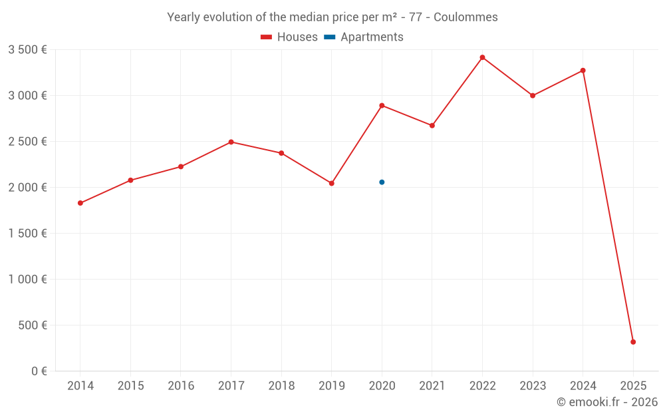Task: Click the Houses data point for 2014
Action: (80, 203)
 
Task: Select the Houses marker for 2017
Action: (231, 142)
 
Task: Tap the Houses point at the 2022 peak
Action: (482, 57)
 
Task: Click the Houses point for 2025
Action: (633, 342)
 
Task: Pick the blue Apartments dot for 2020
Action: (382, 182)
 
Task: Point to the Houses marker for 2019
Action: (332, 183)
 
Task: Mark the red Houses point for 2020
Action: (382, 105)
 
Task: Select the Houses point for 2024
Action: (583, 71)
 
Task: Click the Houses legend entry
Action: (289, 37)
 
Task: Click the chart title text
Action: (332, 17)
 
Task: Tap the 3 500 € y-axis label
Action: (27, 50)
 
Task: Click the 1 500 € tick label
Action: (27, 234)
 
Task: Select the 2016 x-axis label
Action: (181, 386)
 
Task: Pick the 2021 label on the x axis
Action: (432, 386)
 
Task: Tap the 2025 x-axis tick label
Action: (633, 386)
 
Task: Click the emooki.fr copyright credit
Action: (606, 402)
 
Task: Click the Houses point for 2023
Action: (533, 96)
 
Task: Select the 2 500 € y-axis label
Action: (27, 142)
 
